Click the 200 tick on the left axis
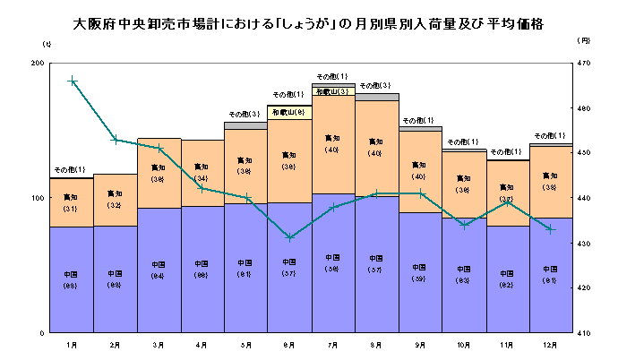(x=37, y=64)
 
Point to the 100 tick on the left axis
(x=37, y=198)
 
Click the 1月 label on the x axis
(x=71, y=343)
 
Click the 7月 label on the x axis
(x=331, y=343)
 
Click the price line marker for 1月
(x=73, y=81)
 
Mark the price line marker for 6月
(x=289, y=237)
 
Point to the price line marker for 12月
(x=550, y=229)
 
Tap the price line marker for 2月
(x=116, y=139)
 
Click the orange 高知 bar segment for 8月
(x=376, y=149)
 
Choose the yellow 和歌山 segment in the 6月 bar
(x=289, y=112)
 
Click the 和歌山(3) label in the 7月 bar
(x=332, y=91)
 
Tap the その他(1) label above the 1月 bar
(x=70, y=169)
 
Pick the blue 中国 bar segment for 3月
(x=159, y=270)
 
